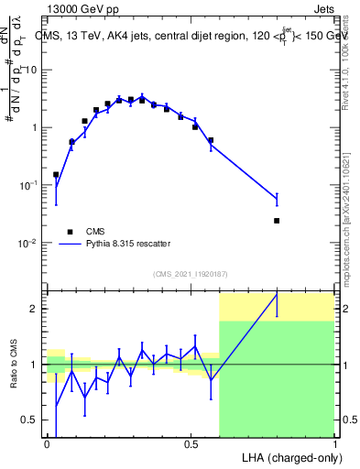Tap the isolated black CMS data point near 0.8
277,221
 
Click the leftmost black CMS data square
56,174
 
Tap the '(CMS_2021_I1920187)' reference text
191,274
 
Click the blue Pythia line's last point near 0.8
277,199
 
